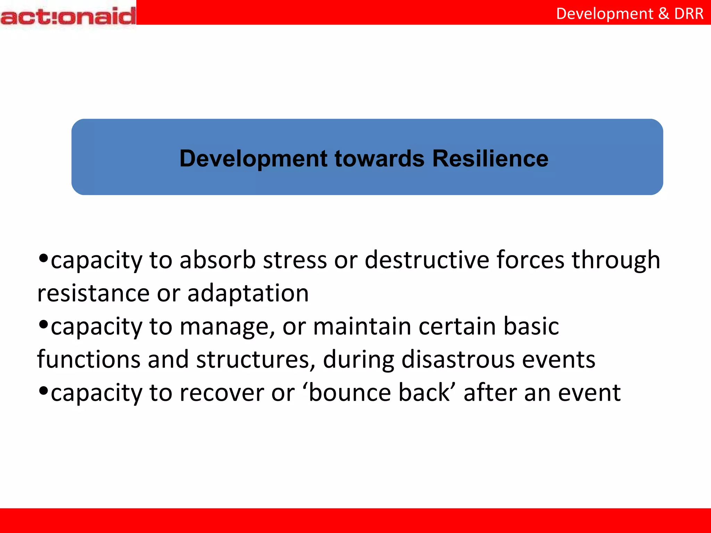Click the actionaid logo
[x=68, y=16]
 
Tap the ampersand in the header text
[x=663, y=14]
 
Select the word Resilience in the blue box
[x=490, y=159]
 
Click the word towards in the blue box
[x=379, y=159]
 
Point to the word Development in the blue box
[x=253, y=159]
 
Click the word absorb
[x=218, y=260]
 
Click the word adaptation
[x=248, y=293]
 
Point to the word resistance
[x=93, y=293]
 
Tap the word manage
[x=228, y=327]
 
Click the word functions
[x=89, y=359]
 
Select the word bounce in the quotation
[x=349, y=393]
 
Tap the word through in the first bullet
[x=616, y=260]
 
